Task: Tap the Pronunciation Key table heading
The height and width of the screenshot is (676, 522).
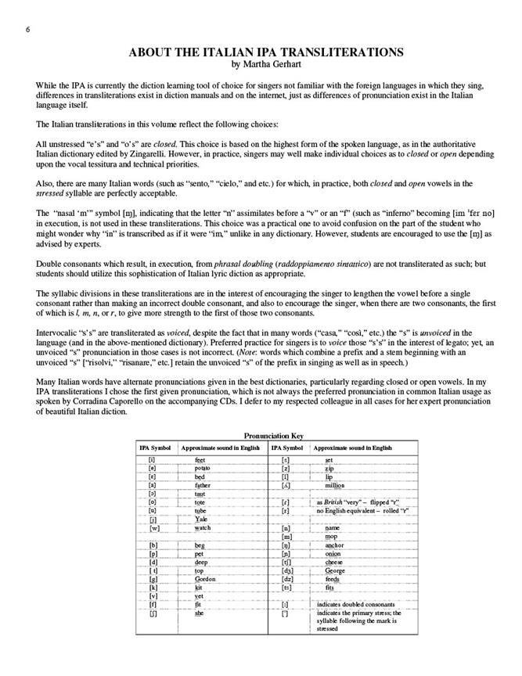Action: tap(273, 436)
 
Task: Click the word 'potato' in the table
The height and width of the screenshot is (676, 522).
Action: tap(205, 467)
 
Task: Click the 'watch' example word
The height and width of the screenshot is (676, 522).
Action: tap(203, 528)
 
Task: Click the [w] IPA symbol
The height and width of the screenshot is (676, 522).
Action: tap(154, 528)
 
